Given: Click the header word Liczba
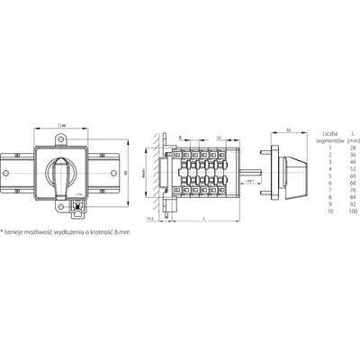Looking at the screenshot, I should pos(317,131).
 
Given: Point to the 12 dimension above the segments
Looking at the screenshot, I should pos(221,137).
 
